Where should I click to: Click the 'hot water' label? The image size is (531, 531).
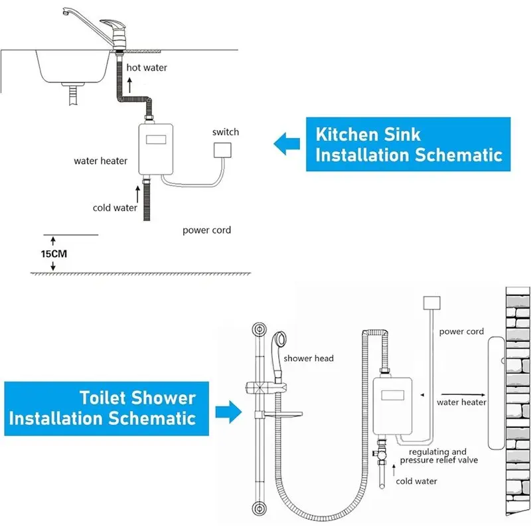point(147,68)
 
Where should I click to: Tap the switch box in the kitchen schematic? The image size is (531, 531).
point(222,150)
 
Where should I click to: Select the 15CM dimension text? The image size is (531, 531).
point(54,254)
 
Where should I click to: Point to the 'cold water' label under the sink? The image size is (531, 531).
point(115,208)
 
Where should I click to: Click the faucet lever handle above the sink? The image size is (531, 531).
point(113,25)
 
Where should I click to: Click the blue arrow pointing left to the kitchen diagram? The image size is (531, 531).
point(287,143)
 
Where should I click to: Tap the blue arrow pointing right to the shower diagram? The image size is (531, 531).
point(228,412)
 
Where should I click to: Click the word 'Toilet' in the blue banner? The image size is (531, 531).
point(103,398)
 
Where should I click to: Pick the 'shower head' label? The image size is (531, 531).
point(309,358)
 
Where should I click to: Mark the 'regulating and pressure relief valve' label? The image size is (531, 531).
point(439,456)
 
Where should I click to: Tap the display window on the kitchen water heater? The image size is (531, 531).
point(156,139)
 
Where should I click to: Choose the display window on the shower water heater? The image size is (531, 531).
point(392,395)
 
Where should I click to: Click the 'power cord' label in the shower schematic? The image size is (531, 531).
point(461,331)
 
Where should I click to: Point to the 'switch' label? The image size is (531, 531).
point(226,131)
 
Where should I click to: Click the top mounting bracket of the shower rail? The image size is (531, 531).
point(260,329)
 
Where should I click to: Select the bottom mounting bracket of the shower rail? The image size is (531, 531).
point(260,508)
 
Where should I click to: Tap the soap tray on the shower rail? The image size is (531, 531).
point(283,414)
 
